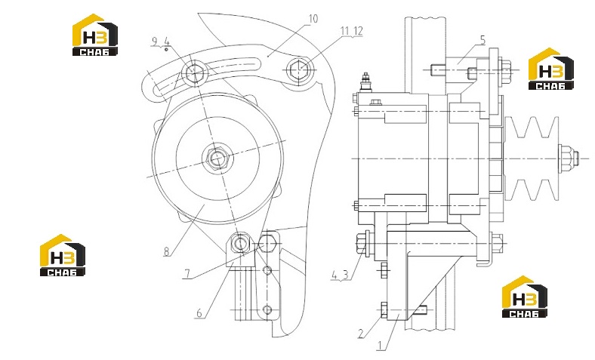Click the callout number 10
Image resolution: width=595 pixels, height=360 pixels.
click(x=313, y=19)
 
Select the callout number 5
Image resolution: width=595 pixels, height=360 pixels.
click(x=482, y=40)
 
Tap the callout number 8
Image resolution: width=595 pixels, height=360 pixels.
click(x=166, y=251)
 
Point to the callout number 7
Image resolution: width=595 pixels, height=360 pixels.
click(x=187, y=274)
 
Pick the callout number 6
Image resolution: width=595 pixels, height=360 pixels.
click(x=199, y=313)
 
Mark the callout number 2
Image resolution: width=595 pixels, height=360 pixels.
click(x=361, y=334)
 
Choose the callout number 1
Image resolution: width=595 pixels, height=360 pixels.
click(x=379, y=345)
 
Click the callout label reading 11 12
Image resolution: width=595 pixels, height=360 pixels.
click(x=352, y=31)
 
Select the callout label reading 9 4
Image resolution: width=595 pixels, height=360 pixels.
click(x=160, y=41)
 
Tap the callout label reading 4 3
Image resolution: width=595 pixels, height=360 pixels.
click(x=340, y=275)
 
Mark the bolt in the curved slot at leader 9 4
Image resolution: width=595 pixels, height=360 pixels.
click(x=195, y=72)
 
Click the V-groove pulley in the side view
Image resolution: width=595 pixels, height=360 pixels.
click(x=532, y=158)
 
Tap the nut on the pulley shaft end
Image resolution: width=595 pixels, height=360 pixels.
click(x=568, y=158)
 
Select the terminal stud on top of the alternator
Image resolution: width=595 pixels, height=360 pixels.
click(x=365, y=82)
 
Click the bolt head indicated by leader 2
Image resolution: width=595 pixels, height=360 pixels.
click(x=384, y=310)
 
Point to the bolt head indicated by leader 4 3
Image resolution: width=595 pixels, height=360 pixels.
click(x=361, y=243)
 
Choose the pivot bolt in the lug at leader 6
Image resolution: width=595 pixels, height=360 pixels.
click(x=240, y=243)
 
